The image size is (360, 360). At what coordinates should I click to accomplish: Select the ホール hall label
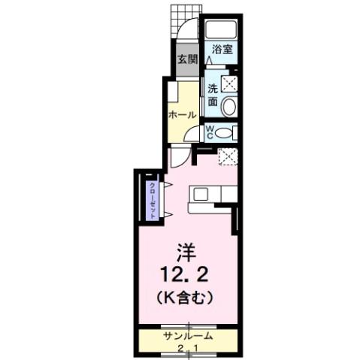pos(182,115)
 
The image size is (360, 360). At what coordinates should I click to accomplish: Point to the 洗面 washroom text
pos(213,96)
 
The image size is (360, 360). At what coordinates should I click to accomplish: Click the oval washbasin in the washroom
pos(229,105)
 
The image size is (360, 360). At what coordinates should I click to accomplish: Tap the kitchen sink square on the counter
pos(201,193)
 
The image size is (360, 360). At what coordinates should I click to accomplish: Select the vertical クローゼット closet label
pos(152,200)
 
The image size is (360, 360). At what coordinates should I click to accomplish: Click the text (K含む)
pos(184,296)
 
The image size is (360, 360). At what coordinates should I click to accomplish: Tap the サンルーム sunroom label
pos(186,336)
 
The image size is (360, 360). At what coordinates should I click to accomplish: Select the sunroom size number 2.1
pos(188,348)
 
